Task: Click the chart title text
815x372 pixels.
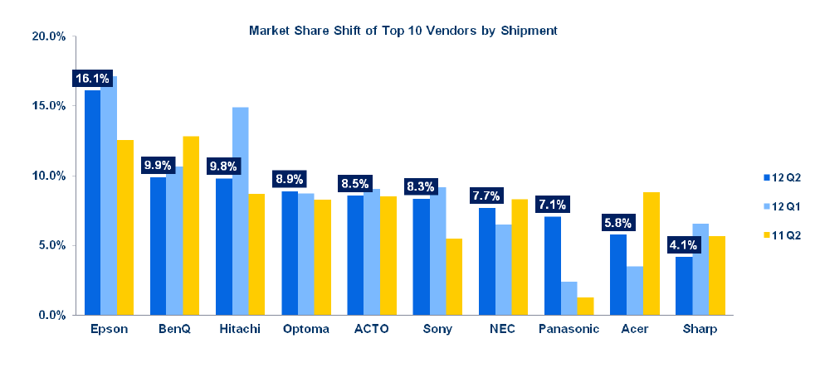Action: tap(403, 30)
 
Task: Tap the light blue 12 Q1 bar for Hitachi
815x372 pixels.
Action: tap(240, 211)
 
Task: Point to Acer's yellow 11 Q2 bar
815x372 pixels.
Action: tap(651, 254)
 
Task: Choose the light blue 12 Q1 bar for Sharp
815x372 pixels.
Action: tap(700, 269)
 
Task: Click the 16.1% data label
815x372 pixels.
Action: tap(92, 79)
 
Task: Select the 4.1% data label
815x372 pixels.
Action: tap(683, 245)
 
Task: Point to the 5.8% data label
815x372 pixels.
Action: tap(617, 222)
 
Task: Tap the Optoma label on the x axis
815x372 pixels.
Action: tap(305, 329)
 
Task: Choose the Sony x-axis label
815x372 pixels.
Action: tap(437, 329)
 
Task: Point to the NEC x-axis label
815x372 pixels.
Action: tap(502, 329)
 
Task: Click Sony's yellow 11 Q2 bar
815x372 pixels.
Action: tap(453, 277)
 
